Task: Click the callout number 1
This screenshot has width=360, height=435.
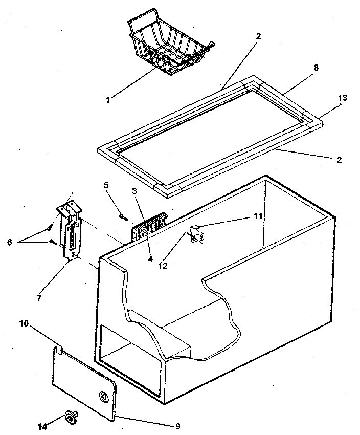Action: coord(107,100)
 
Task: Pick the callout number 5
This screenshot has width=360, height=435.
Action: coord(106,185)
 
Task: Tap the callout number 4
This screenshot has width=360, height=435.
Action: coord(150,259)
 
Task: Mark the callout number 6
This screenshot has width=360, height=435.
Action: coord(10,242)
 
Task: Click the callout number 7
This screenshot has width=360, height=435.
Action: coord(39,296)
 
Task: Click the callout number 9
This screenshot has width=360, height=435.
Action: coord(177,425)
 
